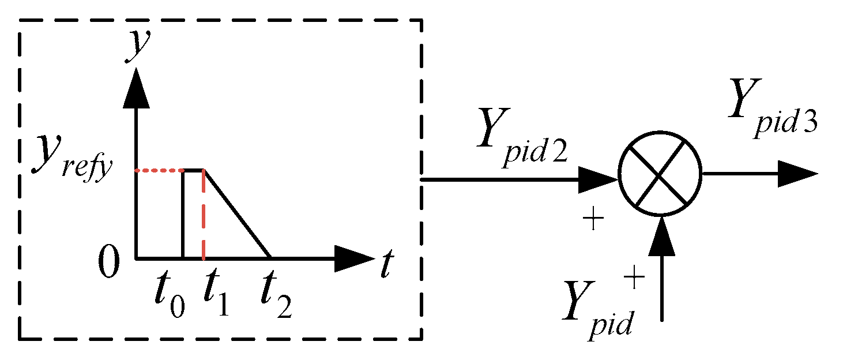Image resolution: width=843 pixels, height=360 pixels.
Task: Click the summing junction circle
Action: click(660, 174)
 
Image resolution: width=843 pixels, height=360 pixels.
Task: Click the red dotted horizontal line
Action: click(159, 170)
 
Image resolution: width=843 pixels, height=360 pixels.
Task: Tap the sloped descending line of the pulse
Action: click(238, 215)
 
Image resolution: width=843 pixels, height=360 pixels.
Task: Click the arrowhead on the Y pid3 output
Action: click(796, 174)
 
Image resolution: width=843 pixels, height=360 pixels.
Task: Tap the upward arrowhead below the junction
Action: click(661, 237)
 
